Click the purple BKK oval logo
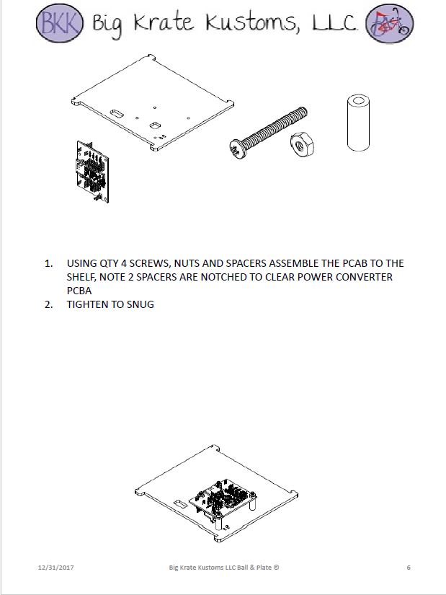[61, 24]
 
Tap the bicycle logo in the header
[389, 24]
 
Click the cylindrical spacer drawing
[357, 122]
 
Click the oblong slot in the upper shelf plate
[116, 113]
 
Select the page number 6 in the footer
[409, 568]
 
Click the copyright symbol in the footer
[276, 568]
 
